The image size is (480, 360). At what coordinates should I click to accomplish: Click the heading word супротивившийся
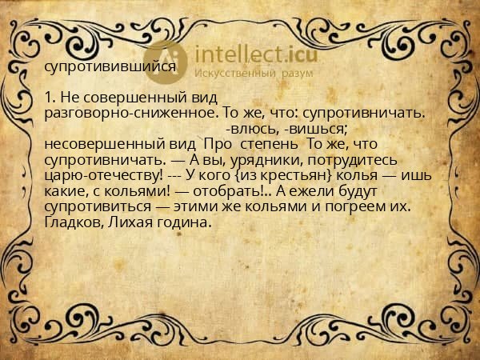point(110,67)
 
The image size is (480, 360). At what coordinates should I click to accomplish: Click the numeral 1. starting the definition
point(50,98)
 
